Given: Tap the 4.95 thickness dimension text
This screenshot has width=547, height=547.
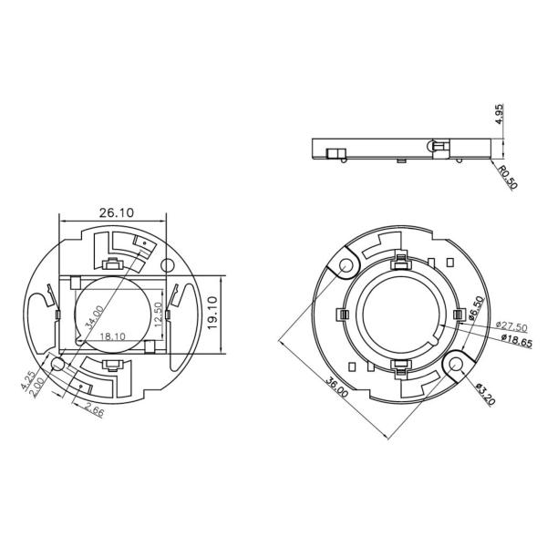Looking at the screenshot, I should point(497,115).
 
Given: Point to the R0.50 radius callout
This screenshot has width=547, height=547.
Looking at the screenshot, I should point(508,177).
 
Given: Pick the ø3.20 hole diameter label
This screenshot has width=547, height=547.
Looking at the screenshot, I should point(484,397).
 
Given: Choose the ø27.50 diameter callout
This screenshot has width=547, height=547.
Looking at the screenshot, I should point(508,325).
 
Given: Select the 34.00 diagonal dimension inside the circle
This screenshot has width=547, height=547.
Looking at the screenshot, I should point(92,317).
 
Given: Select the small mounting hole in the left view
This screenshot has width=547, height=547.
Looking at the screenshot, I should point(58,364).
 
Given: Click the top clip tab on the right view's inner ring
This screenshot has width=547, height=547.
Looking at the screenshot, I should point(399,265).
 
